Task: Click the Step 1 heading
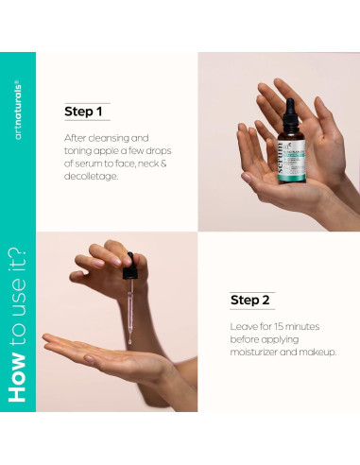tap(83, 112)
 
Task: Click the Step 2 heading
tap(250, 301)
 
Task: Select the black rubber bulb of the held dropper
tap(127, 270)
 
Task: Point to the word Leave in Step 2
tap(246, 327)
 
